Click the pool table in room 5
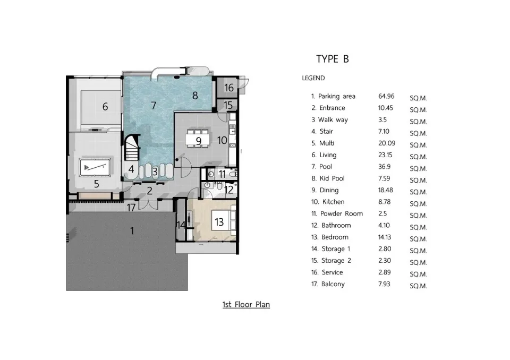point(95,167)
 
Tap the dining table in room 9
point(197,139)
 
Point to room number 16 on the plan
point(229,88)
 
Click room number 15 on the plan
point(228,105)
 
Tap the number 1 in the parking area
point(132,230)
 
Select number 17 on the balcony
point(131,208)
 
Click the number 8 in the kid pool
point(195,95)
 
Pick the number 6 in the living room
point(105,106)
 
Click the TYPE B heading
point(333,59)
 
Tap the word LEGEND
point(313,78)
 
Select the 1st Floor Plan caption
point(246,304)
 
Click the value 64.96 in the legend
point(386,96)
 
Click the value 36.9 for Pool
point(385,167)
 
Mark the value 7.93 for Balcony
point(384,284)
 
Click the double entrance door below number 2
point(148,204)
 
